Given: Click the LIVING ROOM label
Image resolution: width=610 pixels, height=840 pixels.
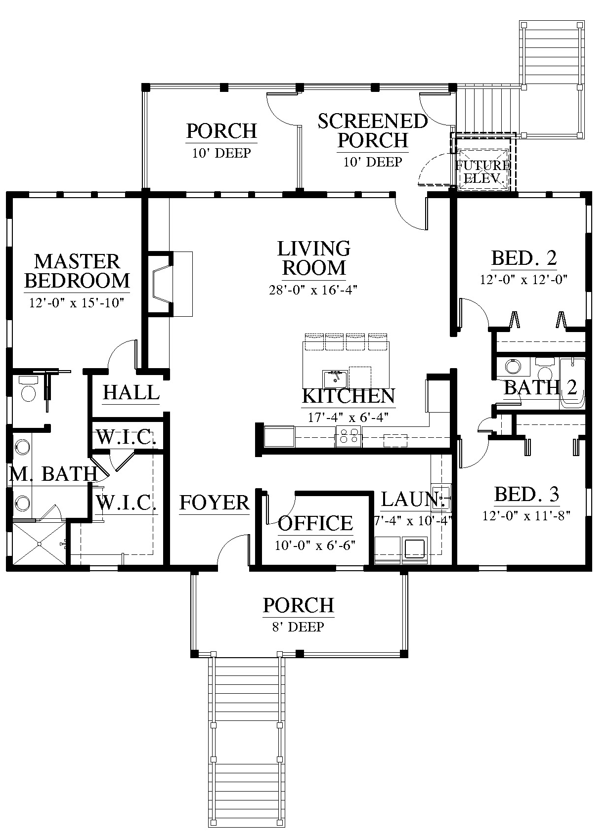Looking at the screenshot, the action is [x=313, y=258].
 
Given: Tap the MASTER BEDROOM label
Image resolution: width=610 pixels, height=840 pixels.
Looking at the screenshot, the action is [x=77, y=271].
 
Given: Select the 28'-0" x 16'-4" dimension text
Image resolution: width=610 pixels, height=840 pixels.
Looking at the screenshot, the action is [x=313, y=290].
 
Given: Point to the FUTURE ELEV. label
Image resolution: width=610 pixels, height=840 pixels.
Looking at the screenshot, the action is [x=483, y=172].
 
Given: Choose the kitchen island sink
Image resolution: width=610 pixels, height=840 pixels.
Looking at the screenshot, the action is [x=335, y=380].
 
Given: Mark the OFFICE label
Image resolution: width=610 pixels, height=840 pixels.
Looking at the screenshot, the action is [x=315, y=523].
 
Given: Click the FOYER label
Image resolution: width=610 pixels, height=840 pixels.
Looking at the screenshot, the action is [x=214, y=503].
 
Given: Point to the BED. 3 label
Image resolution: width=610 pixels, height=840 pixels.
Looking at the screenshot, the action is [x=527, y=494].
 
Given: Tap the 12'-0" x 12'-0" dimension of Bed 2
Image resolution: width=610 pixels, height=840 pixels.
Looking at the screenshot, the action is [x=523, y=279].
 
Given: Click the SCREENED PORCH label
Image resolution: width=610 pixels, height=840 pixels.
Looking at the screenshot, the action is [x=373, y=130].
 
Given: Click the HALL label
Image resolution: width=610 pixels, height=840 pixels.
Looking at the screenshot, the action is [x=131, y=393].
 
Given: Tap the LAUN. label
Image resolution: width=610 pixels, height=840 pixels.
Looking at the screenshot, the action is [x=413, y=499].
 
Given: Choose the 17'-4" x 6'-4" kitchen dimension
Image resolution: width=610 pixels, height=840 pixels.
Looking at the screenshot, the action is [x=348, y=418].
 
